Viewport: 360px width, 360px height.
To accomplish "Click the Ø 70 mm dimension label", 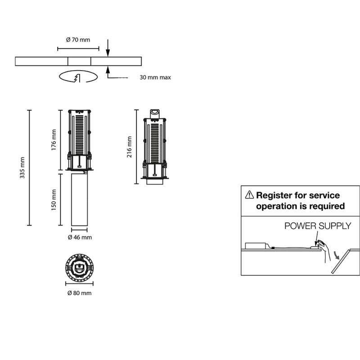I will tap(78, 40).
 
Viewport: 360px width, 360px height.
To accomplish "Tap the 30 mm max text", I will tap(155, 77).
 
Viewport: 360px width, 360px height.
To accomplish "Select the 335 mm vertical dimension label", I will tap(22, 167).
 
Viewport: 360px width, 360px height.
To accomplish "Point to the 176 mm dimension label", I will tap(54, 139).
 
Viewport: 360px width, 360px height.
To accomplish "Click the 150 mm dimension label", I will tap(54, 200).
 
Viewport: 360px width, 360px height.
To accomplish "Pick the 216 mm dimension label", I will tap(130, 147).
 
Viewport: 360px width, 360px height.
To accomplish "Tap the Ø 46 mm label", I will tap(79, 237).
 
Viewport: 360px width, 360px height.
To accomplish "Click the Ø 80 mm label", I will tap(79, 293).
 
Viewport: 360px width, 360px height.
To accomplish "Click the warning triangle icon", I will tap(249, 195).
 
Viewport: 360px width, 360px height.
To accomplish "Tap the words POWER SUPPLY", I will tap(317, 226).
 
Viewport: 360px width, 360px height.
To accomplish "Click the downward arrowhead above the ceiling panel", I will tap(108, 54).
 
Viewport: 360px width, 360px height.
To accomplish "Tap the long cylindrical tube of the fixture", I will tap(79, 199).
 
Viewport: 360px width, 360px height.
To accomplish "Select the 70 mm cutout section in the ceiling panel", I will tap(79, 61).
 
